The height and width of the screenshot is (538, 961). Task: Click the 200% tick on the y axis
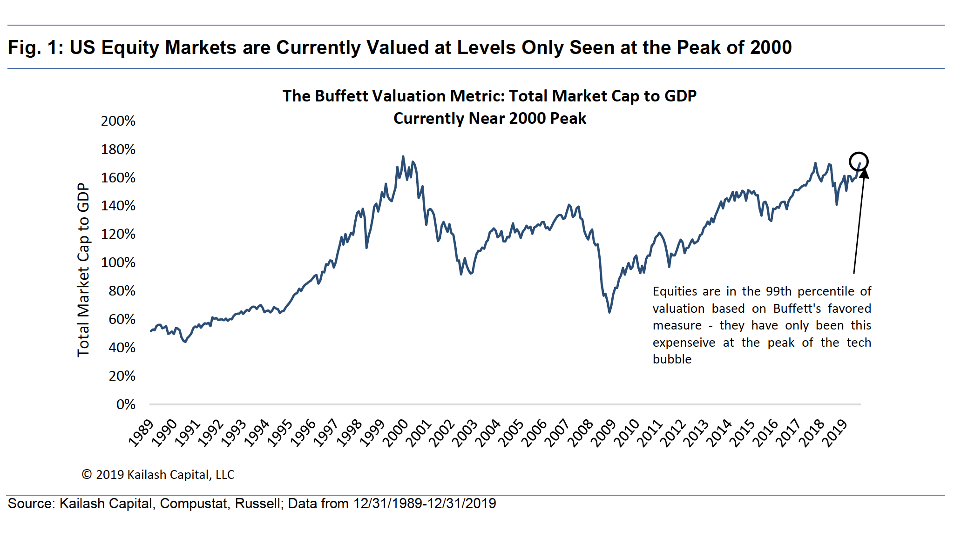[x=118, y=121]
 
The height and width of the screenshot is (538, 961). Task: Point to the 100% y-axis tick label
[x=118, y=262]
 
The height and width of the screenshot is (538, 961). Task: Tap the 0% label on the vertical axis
[x=126, y=404]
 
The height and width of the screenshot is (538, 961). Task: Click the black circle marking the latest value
[x=859, y=161]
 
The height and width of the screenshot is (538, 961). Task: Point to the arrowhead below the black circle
[x=864, y=173]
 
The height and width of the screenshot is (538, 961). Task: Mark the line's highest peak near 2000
[x=403, y=157]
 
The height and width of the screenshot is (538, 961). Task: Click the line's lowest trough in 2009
[x=609, y=312]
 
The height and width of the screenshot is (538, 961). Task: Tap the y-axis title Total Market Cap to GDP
[x=83, y=270]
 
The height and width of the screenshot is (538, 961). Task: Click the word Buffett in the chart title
[x=340, y=96]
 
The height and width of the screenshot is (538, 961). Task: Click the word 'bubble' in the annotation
[x=672, y=359]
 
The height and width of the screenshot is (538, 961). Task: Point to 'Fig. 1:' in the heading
[x=35, y=47]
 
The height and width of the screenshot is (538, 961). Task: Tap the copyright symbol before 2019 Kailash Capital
[x=87, y=475]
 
